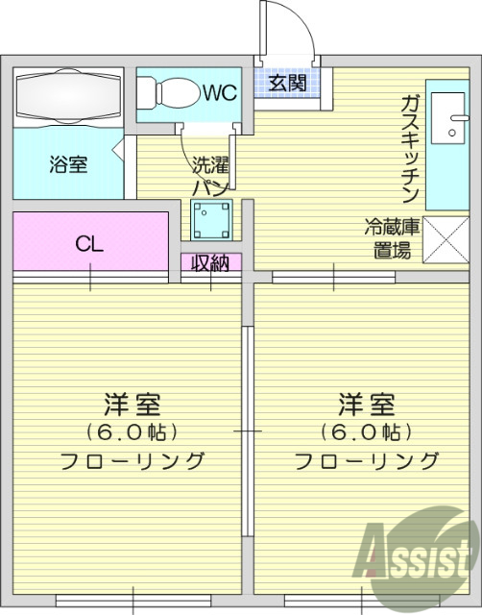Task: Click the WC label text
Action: [x=218, y=93]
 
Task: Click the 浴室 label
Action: [x=68, y=164]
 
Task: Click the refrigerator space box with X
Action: [x=446, y=239]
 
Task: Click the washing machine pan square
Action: [x=211, y=222]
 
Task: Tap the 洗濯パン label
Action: [x=208, y=176]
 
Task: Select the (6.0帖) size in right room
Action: [x=366, y=431]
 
